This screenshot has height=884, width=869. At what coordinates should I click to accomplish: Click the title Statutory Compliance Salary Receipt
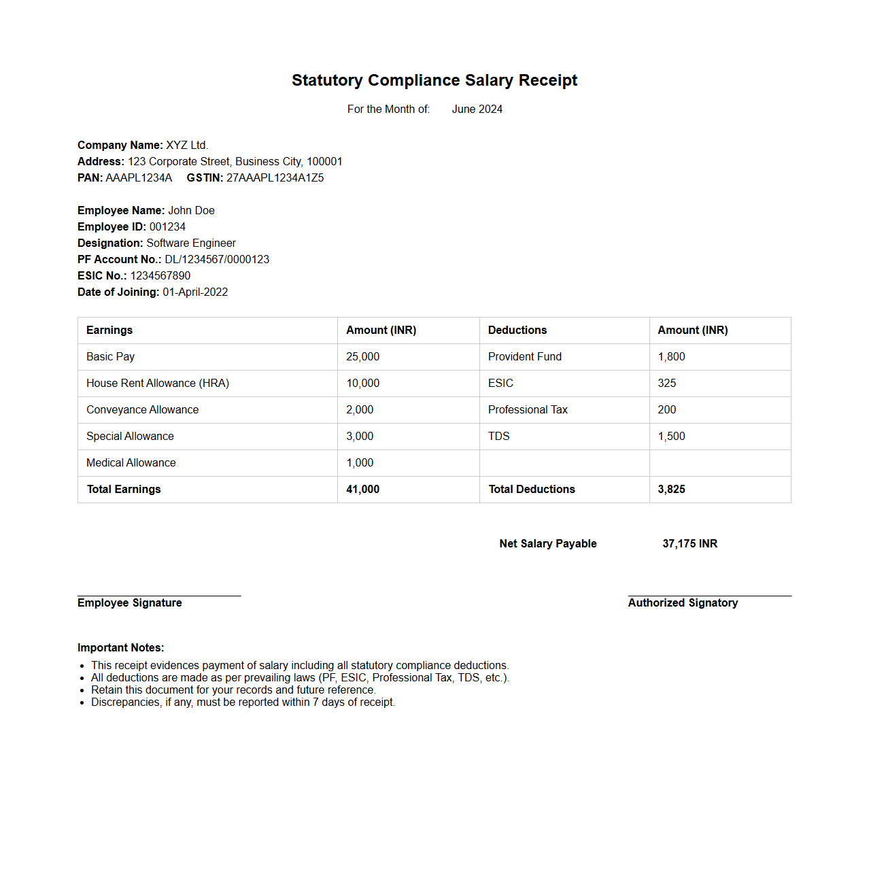tap(434, 80)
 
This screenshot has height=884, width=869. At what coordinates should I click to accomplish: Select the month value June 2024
tap(477, 109)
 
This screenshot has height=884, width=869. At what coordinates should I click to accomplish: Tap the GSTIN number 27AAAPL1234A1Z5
tap(275, 177)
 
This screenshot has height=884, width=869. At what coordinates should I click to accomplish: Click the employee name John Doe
tap(191, 210)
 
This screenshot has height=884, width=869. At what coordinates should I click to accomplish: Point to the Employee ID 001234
tap(167, 226)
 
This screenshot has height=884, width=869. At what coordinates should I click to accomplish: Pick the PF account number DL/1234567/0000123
tap(217, 259)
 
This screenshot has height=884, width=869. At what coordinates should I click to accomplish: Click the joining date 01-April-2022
tap(195, 292)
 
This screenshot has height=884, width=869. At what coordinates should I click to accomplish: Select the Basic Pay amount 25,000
tap(362, 356)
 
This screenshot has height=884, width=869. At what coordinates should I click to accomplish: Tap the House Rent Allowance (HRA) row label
tap(158, 383)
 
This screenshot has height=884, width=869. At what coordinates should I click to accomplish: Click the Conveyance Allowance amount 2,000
tap(360, 409)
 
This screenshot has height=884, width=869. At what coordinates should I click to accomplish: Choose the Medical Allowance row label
tap(131, 462)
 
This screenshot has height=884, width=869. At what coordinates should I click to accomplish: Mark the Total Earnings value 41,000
tap(362, 489)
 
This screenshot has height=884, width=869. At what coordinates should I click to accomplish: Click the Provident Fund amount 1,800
tap(671, 356)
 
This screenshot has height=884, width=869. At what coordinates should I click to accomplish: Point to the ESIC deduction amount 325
tap(666, 383)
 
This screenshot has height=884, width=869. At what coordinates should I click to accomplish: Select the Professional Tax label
tap(528, 409)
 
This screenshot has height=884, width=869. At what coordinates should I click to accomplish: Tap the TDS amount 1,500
tap(671, 436)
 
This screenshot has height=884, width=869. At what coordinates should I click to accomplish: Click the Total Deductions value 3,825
tap(671, 489)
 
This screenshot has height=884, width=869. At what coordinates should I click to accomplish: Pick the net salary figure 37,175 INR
tap(689, 543)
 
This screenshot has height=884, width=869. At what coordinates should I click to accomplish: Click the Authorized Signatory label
tap(683, 602)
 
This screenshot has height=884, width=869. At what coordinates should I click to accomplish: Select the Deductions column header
tap(517, 330)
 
